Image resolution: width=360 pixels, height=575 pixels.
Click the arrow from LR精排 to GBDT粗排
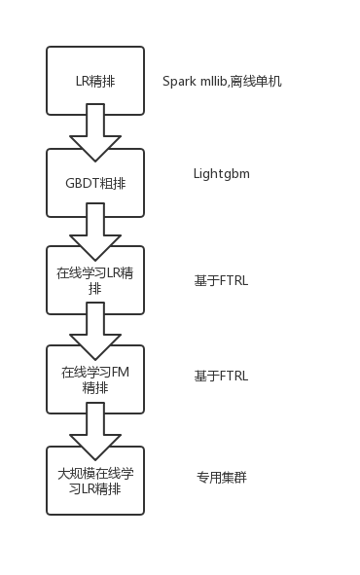95,132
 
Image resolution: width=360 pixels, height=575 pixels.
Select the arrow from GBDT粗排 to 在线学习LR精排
95,232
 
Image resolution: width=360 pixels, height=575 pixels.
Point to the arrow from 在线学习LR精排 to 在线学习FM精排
95,331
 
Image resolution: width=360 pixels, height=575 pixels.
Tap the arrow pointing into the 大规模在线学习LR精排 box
95,431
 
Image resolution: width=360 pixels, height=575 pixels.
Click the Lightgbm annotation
222,174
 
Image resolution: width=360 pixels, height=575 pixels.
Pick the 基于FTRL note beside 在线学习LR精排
221,281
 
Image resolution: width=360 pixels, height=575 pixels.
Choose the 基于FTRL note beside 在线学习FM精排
221,377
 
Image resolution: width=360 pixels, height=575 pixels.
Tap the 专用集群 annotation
222,478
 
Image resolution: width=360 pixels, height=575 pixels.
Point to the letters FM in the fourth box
121,373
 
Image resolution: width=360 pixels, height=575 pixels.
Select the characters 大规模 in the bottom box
76,474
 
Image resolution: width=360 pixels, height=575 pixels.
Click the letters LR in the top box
82,81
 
